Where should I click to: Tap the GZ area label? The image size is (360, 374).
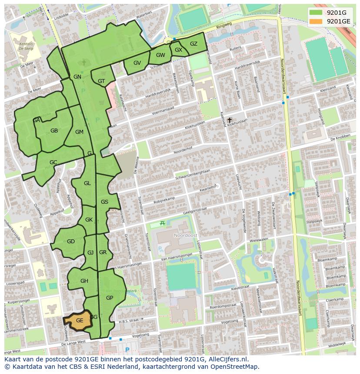193,44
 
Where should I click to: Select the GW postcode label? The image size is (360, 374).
160,55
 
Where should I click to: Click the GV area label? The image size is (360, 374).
137,63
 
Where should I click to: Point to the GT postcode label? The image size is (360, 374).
101,81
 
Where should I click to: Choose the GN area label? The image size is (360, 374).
77,77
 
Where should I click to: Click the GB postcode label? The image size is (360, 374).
54,131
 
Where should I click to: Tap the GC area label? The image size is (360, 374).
53,162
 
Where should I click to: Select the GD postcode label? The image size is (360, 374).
70,242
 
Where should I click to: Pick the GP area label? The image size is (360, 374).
110,298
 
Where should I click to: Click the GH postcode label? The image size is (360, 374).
84,281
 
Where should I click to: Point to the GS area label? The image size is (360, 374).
104,202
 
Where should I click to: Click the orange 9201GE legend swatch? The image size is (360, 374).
316,21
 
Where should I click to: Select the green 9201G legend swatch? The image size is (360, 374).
316,13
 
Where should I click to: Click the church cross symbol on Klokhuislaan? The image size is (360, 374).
230,119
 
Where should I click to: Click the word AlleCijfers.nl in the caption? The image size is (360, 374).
227,359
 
